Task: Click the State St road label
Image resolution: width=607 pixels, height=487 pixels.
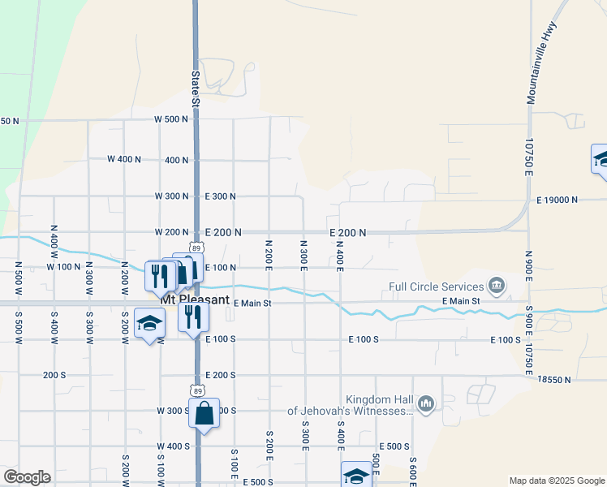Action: pyautogui.click(x=195, y=88)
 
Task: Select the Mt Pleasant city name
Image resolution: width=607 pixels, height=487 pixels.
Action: pyautogui.click(x=195, y=298)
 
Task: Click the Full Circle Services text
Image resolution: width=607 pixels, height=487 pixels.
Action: pyautogui.click(x=436, y=286)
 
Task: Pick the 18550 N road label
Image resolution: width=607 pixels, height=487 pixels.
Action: pyautogui.click(x=554, y=379)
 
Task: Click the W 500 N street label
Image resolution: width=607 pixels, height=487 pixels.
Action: pyautogui.click(x=171, y=119)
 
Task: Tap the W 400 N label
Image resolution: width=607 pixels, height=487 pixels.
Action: pyautogui.click(x=124, y=159)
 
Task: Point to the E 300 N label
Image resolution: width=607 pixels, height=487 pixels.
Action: pyautogui.click(x=220, y=196)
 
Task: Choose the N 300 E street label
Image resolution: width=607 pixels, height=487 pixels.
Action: pyautogui.click(x=303, y=256)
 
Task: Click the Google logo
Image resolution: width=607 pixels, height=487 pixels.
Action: pyautogui.click(x=28, y=477)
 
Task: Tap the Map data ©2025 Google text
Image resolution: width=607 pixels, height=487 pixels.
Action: pyautogui.click(x=556, y=481)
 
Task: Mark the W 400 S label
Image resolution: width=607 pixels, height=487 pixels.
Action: pyautogui.click(x=173, y=446)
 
